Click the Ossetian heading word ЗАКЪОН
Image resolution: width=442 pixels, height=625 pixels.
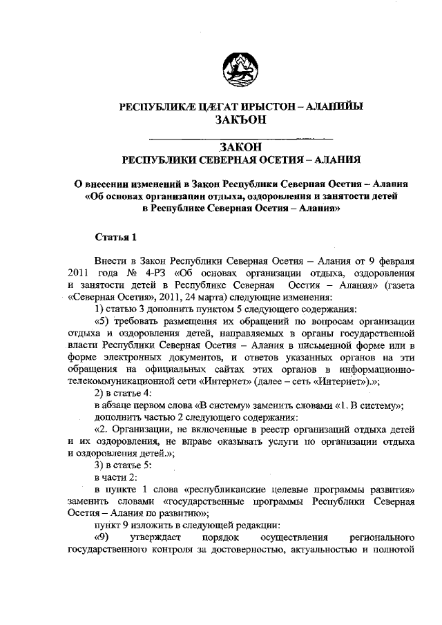[241, 119]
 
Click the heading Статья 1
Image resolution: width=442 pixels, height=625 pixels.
[116, 238]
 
